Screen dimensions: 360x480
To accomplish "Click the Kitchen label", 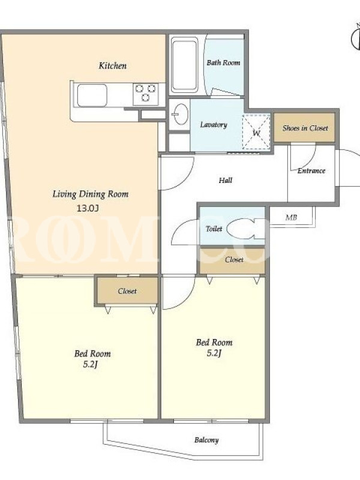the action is pyautogui.click(x=112, y=66).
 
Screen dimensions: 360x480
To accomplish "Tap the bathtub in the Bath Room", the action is pyautogui.click(x=184, y=65).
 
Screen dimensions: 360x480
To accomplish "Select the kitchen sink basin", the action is pyautogui.click(x=92, y=95).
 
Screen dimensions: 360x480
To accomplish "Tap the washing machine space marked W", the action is pyautogui.click(x=257, y=133).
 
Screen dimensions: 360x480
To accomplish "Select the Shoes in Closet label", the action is pyautogui.click(x=305, y=128).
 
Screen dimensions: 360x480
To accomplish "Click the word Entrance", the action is pyautogui.click(x=311, y=171).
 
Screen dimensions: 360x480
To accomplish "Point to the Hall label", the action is pyautogui.click(x=226, y=181).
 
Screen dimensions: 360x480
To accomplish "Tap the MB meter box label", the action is pyautogui.click(x=291, y=218).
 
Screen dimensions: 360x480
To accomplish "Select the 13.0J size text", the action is pyautogui.click(x=88, y=208).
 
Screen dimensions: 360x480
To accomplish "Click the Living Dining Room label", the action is pyautogui.click(x=91, y=194).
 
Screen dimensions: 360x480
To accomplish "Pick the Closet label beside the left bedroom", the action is pyautogui.click(x=127, y=291).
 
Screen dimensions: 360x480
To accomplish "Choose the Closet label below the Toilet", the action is pyautogui.click(x=234, y=260).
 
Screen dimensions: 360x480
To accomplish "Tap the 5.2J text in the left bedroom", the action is pyautogui.click(x=91, y=365).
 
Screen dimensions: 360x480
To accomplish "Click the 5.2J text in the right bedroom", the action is pyautogui.click(x=214, y=353).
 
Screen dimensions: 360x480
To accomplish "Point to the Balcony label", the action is pyautogui.click(x=206, y=440).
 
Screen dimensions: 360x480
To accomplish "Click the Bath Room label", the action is pyautogui.click(x=223, y=63).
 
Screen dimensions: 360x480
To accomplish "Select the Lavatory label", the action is pyautogui.click(x=214, y=125).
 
